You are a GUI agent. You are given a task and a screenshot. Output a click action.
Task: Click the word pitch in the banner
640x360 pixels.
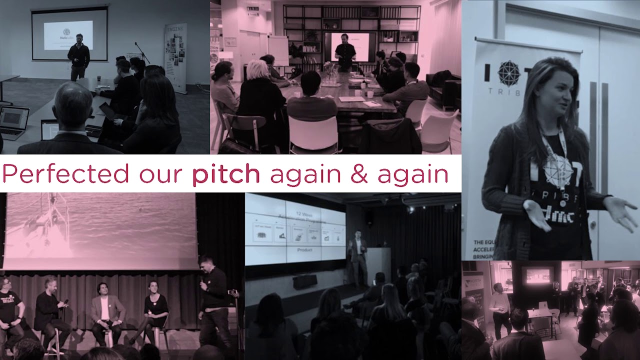226,175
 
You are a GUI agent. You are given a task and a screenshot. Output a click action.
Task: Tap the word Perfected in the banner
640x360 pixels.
65,174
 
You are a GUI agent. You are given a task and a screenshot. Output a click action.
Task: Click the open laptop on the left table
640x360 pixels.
13,122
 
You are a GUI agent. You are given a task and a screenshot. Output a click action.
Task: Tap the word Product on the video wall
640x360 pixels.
304,249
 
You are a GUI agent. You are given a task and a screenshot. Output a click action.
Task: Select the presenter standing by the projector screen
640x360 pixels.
78,56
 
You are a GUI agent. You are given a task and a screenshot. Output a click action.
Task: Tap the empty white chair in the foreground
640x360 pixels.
306,133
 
